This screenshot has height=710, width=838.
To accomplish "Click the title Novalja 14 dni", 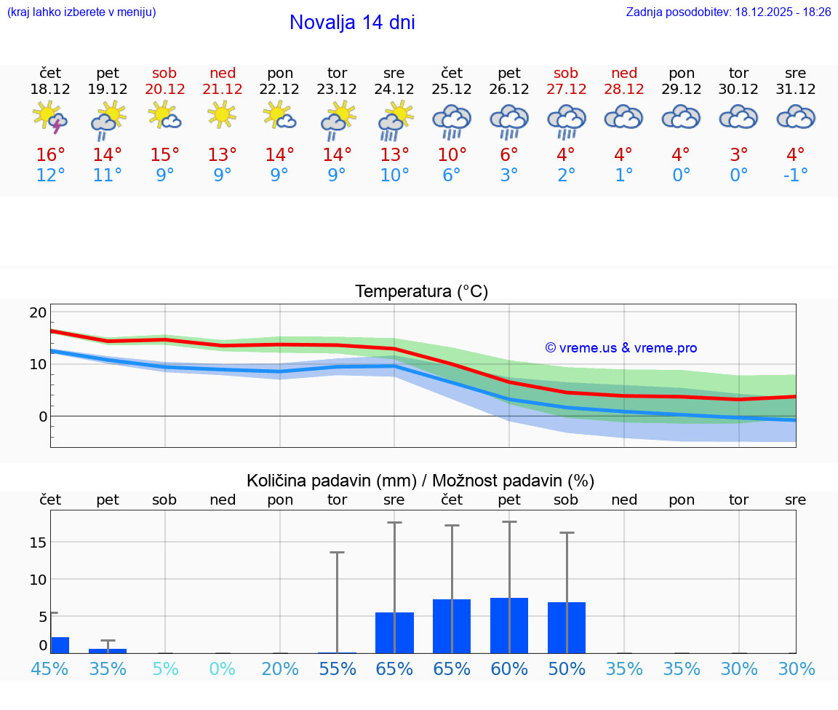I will [352, 23].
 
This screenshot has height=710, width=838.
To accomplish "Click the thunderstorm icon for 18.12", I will [50, 118].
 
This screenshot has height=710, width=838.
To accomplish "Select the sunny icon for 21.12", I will [223, 116].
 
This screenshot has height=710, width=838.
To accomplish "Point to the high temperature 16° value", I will [50, 155].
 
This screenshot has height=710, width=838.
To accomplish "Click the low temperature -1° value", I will [796, 175].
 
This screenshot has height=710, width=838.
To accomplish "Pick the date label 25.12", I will [452, 90].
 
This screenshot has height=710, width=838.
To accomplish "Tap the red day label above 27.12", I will [566, 73].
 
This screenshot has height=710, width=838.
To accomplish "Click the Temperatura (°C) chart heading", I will [421, 292].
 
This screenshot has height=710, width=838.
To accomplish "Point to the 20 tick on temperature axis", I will [38, 312].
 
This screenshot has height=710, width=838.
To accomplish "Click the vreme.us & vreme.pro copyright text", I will [620, 348].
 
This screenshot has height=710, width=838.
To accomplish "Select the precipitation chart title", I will [420, 481].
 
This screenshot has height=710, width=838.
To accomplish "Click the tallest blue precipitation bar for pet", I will [509, 625].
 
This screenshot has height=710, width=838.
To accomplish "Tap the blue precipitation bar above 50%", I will [567, 627].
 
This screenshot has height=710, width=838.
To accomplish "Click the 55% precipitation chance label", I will [338, 668].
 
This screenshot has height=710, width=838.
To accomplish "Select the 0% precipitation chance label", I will [223, 668].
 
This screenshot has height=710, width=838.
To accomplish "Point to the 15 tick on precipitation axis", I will [38, 543].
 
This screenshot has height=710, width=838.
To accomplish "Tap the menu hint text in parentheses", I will [81, 12].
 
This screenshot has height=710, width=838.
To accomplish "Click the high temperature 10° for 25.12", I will [452, 155].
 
